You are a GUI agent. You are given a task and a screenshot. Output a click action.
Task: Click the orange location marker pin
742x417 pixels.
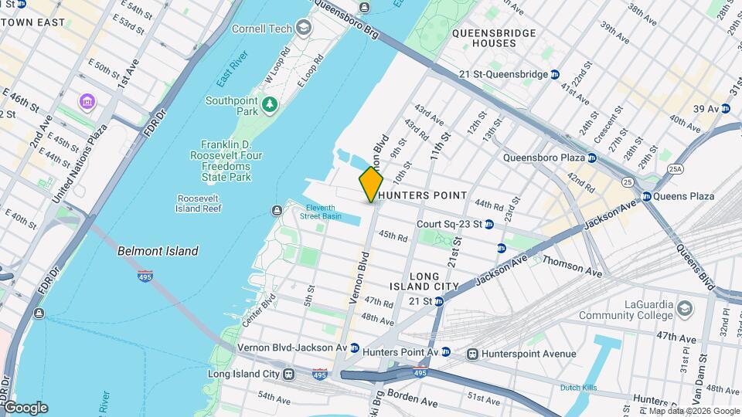pyautogui.click(x=371, y=184)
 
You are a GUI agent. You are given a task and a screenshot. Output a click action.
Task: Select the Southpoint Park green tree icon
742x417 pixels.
pyautogui.click(x=269, y=103)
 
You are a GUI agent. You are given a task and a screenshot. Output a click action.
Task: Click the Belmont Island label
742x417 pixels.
pyautogui.click(x=158, y=251)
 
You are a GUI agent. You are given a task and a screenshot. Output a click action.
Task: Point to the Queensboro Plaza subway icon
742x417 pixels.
pyautogui.click(x=591, y=158)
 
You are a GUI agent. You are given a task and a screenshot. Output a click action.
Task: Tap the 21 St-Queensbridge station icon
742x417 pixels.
pyautogui.click(x=554, y=74)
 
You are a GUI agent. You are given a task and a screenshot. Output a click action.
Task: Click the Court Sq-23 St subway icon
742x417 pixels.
pyautogui.click(x=489, y=224)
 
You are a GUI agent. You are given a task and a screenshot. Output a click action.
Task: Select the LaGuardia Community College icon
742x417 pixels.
pyautogui.click(x=685, y=309)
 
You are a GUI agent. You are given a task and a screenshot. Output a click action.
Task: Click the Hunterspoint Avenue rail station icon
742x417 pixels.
pyautogui.click(x=471, y=354)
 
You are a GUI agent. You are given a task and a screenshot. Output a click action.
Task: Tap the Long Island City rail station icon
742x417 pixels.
pyautogui.click(x=288, y=375)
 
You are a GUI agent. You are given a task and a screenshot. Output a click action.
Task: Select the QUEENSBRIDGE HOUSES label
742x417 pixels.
pyautogui.click(x=495, y=38)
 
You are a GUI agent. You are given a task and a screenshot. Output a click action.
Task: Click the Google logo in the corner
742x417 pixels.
pyautogui.click(x=26, y=407)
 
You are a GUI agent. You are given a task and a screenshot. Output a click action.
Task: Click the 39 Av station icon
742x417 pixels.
pyautogui.click(x=725, y=109)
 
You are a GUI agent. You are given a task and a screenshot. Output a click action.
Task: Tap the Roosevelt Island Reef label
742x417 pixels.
pyautogui.click(x=199, y=202)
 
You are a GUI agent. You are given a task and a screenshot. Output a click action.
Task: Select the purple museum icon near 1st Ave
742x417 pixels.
pyautogui.click(x=87, y=101)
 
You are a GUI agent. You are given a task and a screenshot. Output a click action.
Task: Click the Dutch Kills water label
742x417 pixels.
pyautogui.click(x=581, y=387)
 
